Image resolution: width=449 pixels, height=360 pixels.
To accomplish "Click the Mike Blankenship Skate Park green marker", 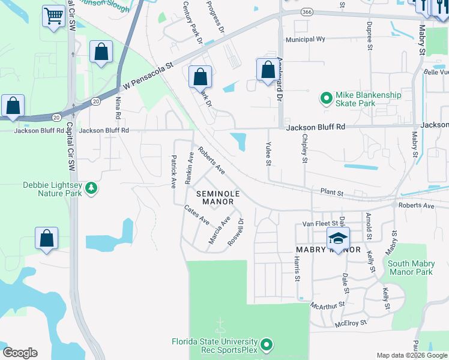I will pos(326,97).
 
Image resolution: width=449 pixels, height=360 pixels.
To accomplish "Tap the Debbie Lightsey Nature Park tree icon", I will pos(91,188).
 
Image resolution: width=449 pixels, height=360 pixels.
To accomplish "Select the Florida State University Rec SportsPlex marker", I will pos(268,345).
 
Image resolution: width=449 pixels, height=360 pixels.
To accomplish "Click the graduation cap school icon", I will pos(338,239).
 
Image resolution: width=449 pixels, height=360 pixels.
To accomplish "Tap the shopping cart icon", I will pos(54,16).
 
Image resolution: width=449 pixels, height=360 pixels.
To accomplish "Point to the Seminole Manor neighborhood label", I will pos(217,198).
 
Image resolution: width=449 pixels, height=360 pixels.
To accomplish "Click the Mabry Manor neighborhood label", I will pos(328,250).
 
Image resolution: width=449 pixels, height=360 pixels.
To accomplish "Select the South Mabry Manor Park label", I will pos(410,268).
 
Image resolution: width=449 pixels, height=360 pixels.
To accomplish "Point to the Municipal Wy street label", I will pos(305,40).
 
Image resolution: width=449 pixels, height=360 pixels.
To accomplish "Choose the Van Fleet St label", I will pos(316,223).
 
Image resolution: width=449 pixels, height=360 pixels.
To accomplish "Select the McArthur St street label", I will pos(327,305).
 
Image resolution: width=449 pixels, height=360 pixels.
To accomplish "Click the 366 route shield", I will pos(307,12).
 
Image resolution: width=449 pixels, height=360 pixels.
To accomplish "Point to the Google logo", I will pos(20,353).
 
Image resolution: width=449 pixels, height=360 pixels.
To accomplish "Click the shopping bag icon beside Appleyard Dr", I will pos(267,70).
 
